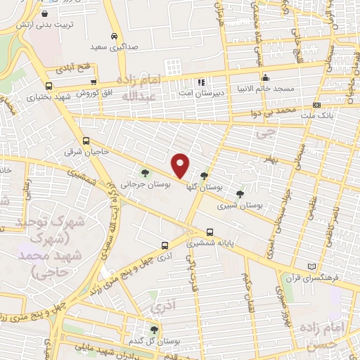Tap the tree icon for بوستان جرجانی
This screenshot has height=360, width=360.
145,172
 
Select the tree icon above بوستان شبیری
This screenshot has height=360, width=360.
240,193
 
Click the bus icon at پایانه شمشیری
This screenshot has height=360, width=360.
210,232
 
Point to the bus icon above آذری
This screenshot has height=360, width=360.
165,245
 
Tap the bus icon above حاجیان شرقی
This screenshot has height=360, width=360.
86,141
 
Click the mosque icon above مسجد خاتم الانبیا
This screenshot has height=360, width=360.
265,79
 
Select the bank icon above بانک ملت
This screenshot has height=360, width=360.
316,105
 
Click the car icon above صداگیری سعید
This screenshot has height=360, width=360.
114,36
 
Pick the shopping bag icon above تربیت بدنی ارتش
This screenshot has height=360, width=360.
44,13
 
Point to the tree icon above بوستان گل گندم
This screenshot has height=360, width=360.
155,329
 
